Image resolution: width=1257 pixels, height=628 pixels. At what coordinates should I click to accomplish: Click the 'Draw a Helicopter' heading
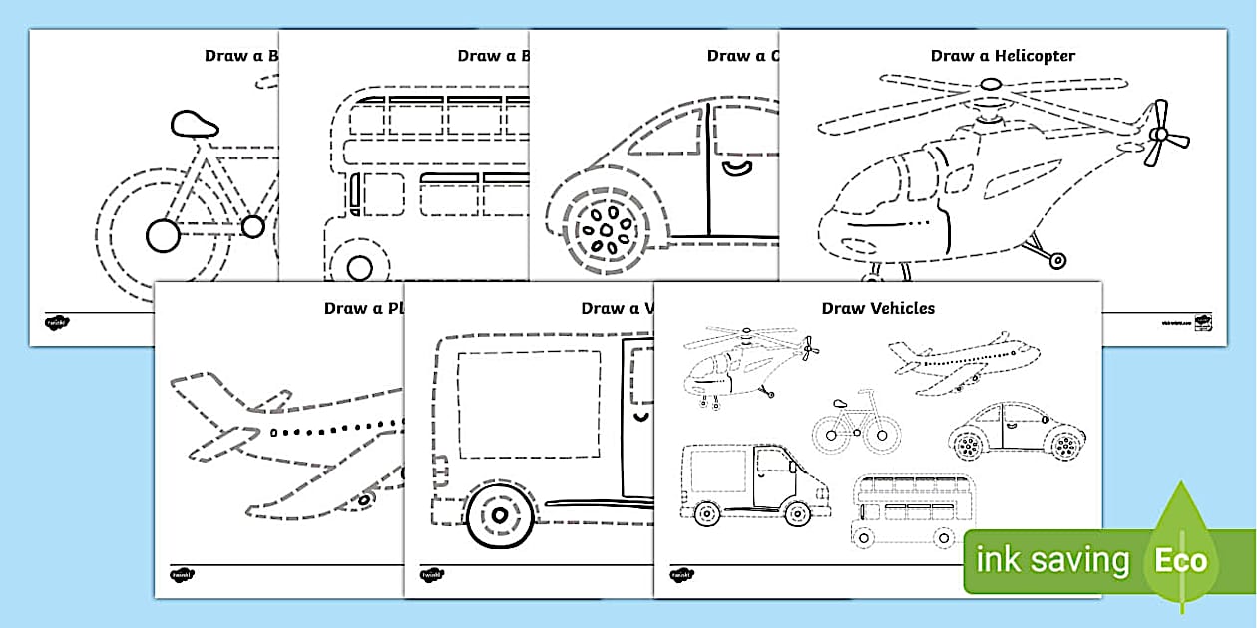click(x=1003, y=56)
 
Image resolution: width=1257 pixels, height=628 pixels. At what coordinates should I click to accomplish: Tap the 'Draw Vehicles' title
click(x=878, y=308)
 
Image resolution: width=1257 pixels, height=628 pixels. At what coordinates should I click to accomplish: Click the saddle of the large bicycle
click(x=195, y=124)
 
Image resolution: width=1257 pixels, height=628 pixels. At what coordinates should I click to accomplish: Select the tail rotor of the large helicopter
click(x=1163, y=134)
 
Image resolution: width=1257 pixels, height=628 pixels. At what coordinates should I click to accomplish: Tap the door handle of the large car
click(x=738, y=166)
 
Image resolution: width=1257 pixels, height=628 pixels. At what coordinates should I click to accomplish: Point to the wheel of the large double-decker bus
click(x=359, y=267)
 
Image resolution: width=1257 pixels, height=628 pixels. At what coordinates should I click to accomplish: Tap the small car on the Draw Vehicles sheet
click(x=1017, y=433)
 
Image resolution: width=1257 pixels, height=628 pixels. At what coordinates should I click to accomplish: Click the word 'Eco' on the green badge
click(x=1181, y=560)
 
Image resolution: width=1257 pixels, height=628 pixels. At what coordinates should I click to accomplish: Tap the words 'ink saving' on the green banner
click(x=1051, y=561)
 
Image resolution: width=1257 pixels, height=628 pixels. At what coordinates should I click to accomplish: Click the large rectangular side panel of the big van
click(x=529, y=399)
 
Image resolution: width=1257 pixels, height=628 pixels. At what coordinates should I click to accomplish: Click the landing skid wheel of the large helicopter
click(x=1056, y=261)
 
